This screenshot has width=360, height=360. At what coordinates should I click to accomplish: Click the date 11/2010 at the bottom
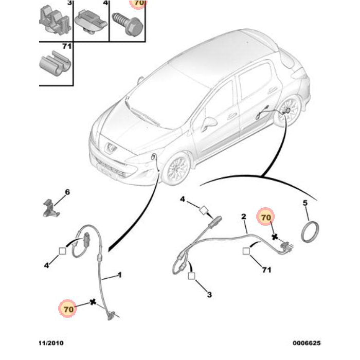(x=51, y=343)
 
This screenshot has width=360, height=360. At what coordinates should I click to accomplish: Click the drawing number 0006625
(x=307, y=343)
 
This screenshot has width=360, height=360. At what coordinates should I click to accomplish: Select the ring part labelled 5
(x=310, y=231)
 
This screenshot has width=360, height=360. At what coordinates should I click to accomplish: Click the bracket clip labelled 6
(x=51, y=208)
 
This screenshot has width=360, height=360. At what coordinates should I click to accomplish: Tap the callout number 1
(x=119, y=275)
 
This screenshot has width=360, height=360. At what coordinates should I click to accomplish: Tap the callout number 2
(x=244, y=217)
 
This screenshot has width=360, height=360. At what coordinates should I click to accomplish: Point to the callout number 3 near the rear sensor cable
(x=209, y=295)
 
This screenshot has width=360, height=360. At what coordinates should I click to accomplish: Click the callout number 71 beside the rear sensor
(x=266, y=270)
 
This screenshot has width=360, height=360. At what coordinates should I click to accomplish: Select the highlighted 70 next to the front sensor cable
(x=68, y=309)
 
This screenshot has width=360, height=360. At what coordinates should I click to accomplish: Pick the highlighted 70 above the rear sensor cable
(x=266, y=217)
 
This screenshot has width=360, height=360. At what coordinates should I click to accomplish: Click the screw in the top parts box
(x=127, y=24)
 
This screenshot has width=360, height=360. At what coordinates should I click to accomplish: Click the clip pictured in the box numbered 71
(x=55, y=63)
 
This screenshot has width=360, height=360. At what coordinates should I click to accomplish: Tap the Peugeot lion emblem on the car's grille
(x=111, y=147)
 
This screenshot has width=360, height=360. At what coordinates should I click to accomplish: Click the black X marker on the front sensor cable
(x=93, y=302)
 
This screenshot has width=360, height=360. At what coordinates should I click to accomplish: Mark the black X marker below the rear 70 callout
(x=275, y=237)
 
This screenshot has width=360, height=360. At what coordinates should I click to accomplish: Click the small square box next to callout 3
(x=191, y=276)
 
